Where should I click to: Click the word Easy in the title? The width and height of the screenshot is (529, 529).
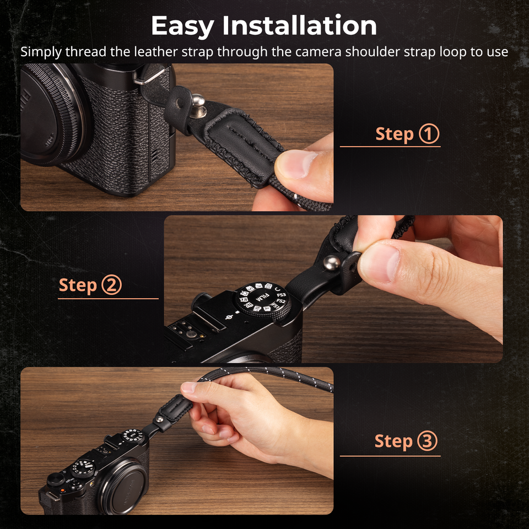tap(183, 26)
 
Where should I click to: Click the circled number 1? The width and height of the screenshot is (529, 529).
tap(429, 134)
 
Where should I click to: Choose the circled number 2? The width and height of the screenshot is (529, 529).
tap(111, 285)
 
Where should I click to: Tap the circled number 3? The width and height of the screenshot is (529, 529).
tap(428, 441)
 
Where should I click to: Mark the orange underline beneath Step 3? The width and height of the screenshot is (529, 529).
tap(390, 456)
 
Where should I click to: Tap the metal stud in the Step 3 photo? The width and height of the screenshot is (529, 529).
tap(160, 419)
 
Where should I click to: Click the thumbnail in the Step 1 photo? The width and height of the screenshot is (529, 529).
tap(298, 164)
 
